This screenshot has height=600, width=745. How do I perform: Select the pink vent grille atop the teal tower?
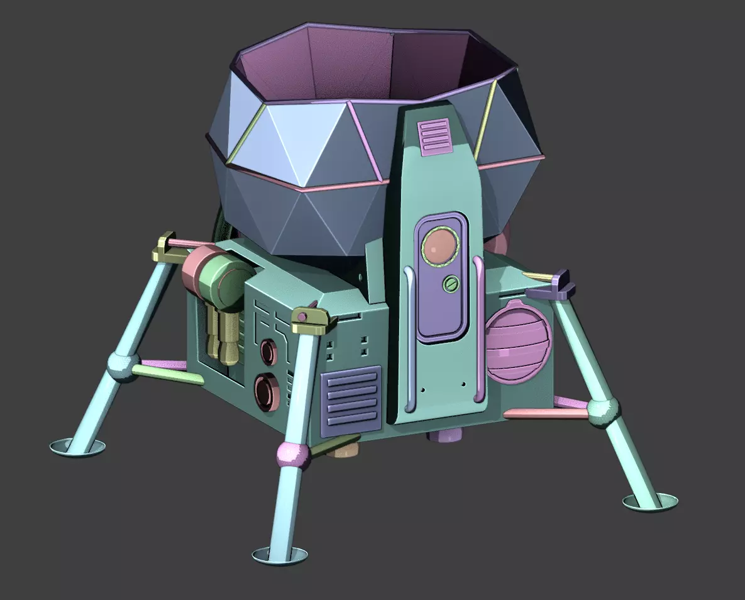pyautogui.click(x=434, y=136)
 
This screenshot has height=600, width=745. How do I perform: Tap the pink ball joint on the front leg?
pyautogui.click(x=294, y=456)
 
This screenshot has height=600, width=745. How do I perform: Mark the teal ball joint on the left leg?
pyautogui.click(x=121, y=365)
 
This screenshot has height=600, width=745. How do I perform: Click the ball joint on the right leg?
pyautogui.click(x=602, y=412)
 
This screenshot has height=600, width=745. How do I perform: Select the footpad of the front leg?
pyautogui.click(x=280, y=555)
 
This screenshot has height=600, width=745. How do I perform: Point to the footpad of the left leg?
pyautogui.click(x=77, y=447)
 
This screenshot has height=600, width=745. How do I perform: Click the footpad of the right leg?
pyautogui.click(x=651, y=501)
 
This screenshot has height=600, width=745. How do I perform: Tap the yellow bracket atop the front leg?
pyautogui.click(x=311, y=320)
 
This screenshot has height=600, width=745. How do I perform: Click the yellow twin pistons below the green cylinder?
pyautogui.click(x=224, y=336)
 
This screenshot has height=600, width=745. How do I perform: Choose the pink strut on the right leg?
pyautogui.click(x=544, y=414)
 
